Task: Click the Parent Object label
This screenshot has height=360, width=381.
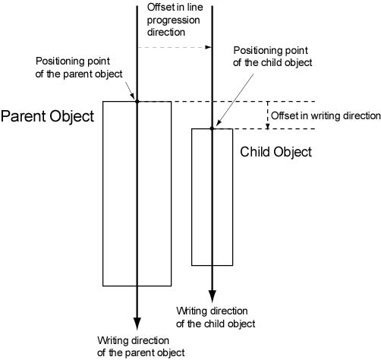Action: coord(47,117)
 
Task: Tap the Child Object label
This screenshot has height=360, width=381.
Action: coord(276,153)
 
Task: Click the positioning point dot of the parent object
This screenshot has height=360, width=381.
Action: coord(137,102)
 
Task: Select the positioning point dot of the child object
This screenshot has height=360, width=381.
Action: coord(212,128)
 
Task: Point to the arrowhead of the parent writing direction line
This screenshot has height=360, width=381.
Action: coord(137,324)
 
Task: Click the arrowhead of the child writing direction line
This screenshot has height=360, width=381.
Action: coord(212,296)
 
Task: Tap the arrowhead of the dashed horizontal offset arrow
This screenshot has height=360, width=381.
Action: coord(208,47)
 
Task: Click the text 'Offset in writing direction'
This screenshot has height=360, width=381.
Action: coord(326,116)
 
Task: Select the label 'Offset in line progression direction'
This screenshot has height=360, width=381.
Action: coord(175,20)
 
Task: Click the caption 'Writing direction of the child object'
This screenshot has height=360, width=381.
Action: coord(216,317)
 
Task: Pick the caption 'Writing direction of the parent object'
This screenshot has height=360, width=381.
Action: coord(141,346)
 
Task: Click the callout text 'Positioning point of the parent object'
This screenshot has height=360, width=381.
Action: coord(79,68)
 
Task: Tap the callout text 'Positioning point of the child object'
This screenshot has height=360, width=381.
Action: coord(272,56)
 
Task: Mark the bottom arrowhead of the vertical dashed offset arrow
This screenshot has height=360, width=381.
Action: coord(268,126)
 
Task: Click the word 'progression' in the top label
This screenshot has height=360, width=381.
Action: coord(174,21)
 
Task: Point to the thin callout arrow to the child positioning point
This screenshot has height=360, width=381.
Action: coord(235,100)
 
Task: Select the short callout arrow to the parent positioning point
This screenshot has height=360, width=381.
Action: coord(130,90)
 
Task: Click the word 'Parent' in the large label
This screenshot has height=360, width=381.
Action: coord(24,116)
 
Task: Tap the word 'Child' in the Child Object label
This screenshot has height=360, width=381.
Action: coord(255,152)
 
